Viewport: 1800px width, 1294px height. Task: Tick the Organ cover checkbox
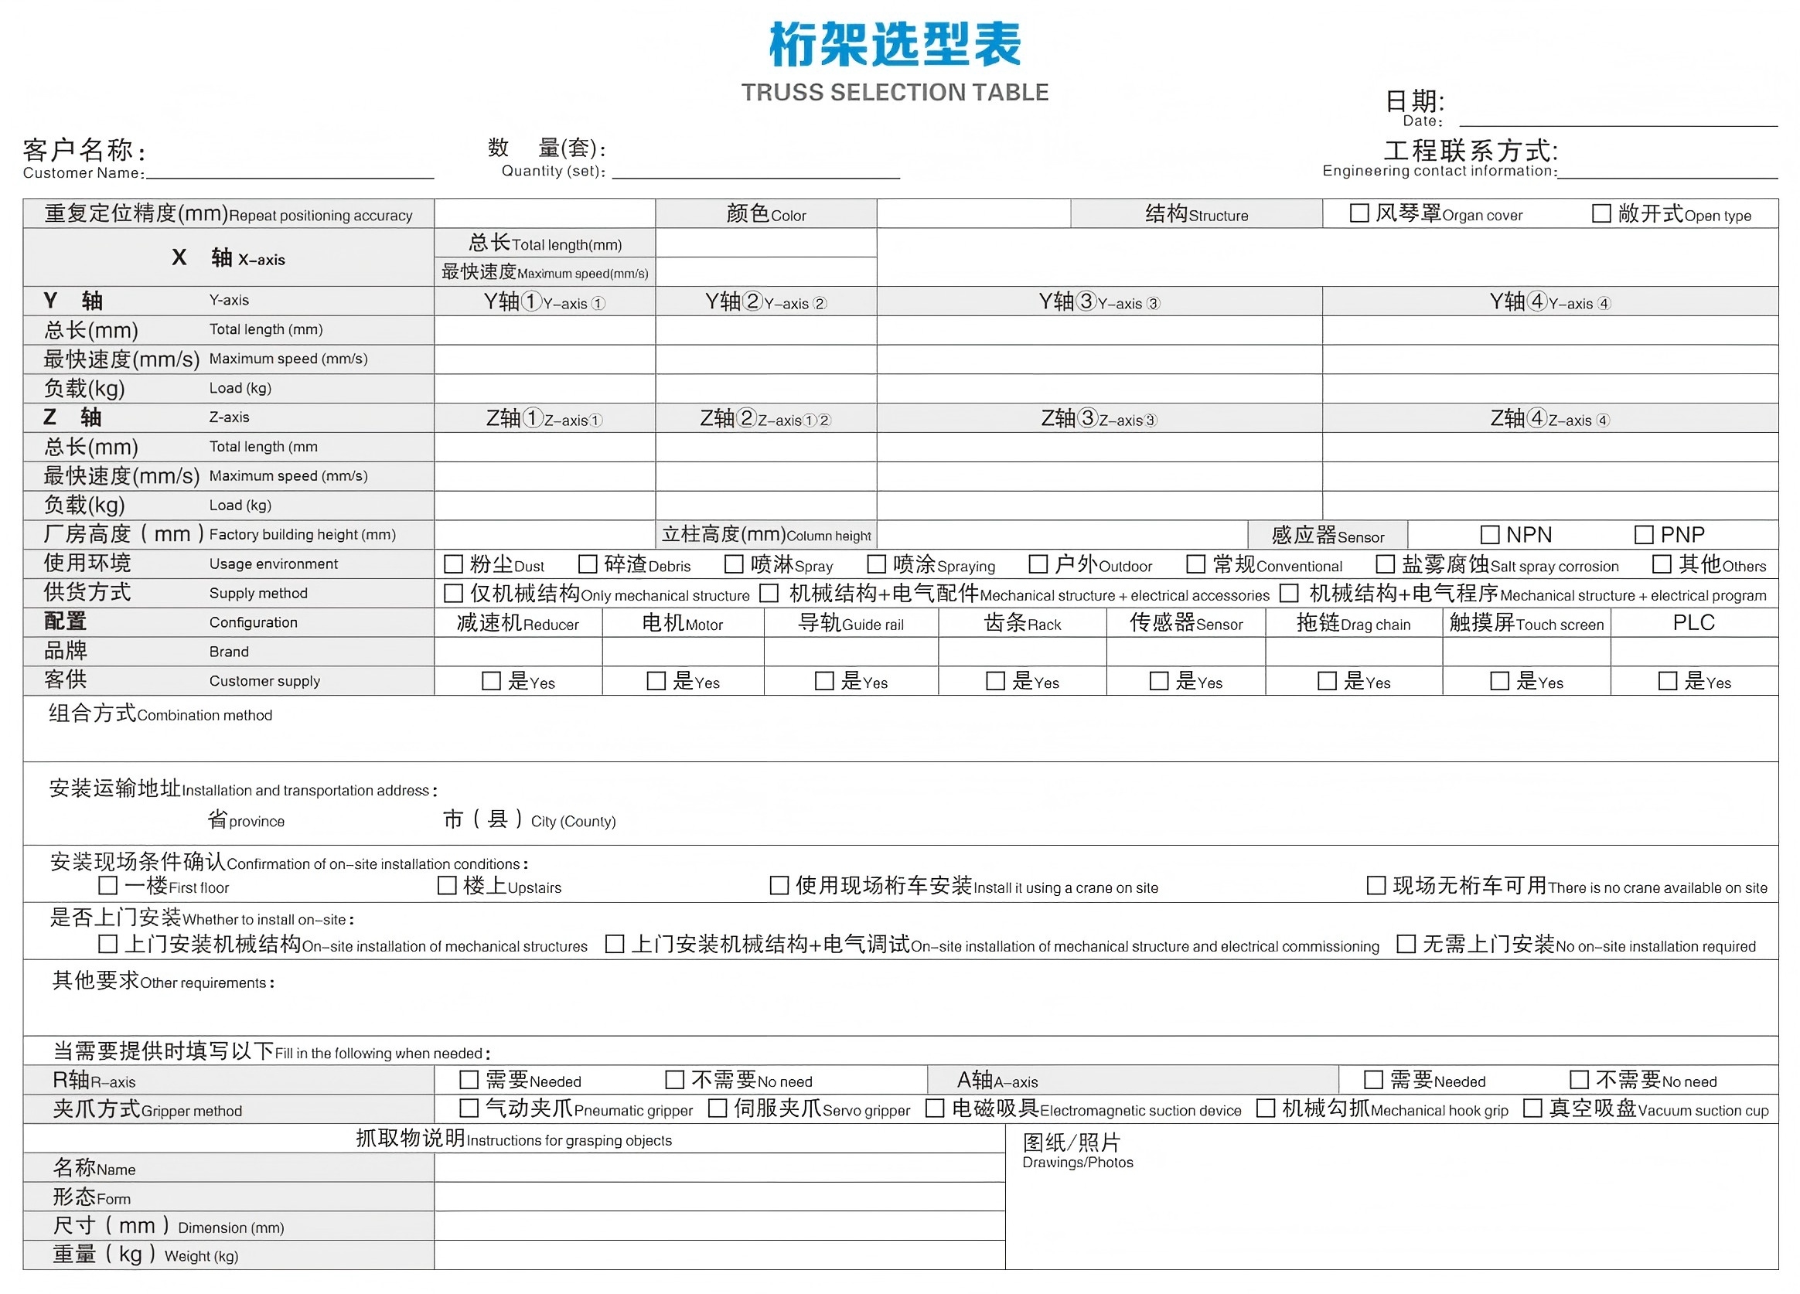pyautogui.click(x=1359, y=213)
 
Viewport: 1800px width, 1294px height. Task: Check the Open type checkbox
pyautogui.click(x=1601, y=213)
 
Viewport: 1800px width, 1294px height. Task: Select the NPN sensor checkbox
pyautogui.click(x=1490, y=535)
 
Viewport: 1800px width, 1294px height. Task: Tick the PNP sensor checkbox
pyautogui.click(x=1644, y=535)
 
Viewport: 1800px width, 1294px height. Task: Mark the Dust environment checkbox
pyautogui.click(x=453, y=564)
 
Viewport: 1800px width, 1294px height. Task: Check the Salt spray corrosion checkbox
pyautogui.click(x=1385, y=564)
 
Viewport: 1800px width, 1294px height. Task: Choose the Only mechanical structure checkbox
pyautogui.click(x=453, y=594)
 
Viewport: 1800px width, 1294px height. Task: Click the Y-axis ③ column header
pyautogui.click(x=1099, y=301)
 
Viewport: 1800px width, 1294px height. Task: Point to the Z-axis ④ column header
pyautogui.click(x=1549, y=418)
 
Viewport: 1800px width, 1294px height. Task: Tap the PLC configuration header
pyautogui.click(x=1693, y=623)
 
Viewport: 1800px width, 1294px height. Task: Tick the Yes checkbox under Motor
pyautogui.click(x=656, y=682)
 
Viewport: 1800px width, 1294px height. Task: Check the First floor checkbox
pyautogui.click(x=108, y=885)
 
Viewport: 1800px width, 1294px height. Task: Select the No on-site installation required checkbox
pyautogui.click(x=1406, y=944)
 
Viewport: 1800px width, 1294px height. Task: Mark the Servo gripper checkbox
pyautogui.click(x=718, y=1108)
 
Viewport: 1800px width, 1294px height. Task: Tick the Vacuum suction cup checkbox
pyautogui.click(x=1532, y=1108)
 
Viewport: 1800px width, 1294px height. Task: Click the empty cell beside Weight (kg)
pyautogui.click(x=719, y=1255)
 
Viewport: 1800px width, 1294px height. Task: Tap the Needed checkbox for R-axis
pyautogui.click(x=469, y=1080)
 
